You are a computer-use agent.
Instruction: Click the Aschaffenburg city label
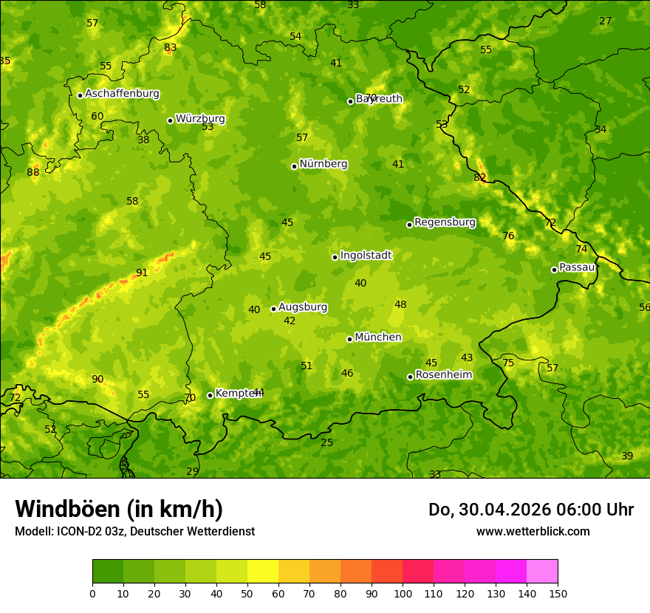coord(122,94)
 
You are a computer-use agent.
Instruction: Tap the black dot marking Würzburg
coord(170,120)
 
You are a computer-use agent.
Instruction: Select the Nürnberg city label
coord(323,164)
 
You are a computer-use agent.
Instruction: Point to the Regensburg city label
coord(445,222)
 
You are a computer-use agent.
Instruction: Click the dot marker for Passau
coord(554,270)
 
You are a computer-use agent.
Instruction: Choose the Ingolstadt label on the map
coord(366,256)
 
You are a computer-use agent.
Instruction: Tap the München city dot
coord(349,339)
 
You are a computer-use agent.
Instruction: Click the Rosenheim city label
coord(443,375)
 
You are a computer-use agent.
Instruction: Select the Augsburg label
coord(303,307)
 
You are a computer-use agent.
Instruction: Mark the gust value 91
coord(142,273)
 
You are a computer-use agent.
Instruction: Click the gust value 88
coord(33,173)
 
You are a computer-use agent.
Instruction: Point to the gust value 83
coord(171,48)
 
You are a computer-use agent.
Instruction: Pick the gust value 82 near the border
coord(480,177)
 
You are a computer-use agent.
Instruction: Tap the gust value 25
coord(326,443)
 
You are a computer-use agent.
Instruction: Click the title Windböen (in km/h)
coord(119,509)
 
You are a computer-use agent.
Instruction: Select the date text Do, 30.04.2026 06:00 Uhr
coord(530,510)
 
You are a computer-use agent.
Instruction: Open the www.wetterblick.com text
coord(533,531)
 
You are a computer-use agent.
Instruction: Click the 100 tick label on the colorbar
coord(403,594)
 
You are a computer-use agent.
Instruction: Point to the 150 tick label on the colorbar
coord(558,594)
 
